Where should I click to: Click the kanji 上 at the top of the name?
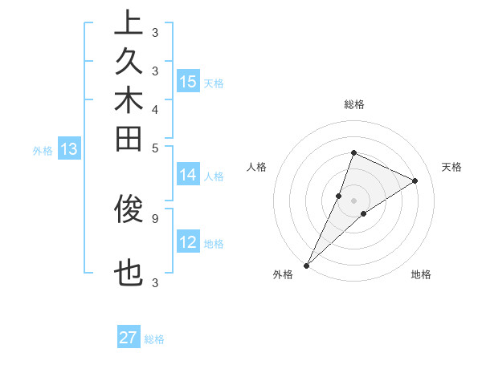pos(129,22)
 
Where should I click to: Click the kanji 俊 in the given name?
pos(129,209)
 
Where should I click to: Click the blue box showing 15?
pos(188,82)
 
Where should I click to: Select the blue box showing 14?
pos(188,175)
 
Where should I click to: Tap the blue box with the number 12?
pos(188,242)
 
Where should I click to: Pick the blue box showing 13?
pos(69,149)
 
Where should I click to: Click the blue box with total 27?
pos(129,338)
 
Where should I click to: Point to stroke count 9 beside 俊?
pos(154,217)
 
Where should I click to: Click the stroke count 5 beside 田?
pos(154,147)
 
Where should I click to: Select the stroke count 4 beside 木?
pos(154,108)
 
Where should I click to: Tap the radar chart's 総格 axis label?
pos(353,104)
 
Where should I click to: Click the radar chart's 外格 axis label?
pos(283,274)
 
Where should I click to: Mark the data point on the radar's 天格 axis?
pos(415,180)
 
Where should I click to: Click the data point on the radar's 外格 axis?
pos(307,265)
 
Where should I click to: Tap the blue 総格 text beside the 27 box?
pos(154,339)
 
